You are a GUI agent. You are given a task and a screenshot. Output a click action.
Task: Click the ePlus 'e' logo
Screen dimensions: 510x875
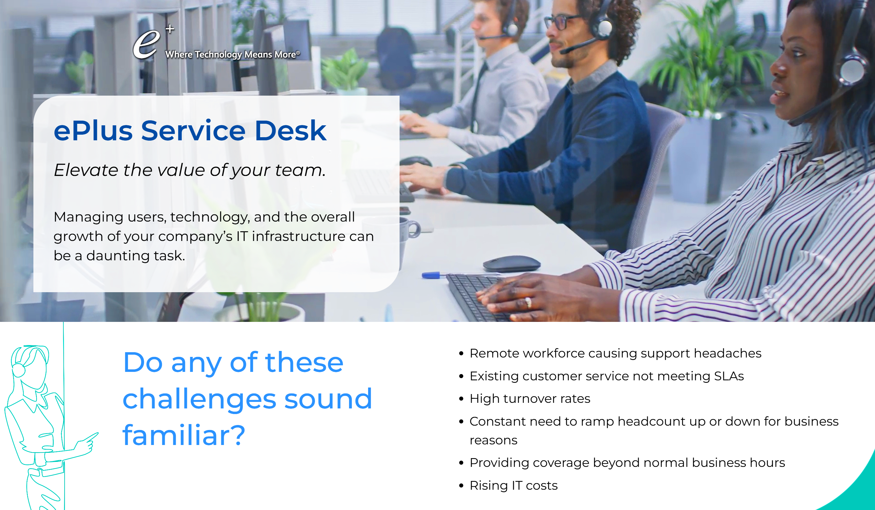146,44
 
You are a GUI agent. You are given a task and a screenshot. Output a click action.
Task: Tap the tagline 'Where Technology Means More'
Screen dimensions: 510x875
232,55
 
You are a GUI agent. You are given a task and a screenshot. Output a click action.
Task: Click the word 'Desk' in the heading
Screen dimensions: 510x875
290,131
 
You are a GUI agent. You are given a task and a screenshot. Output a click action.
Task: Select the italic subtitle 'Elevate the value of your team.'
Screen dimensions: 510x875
189,170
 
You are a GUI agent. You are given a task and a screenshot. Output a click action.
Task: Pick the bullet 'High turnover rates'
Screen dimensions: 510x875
529,399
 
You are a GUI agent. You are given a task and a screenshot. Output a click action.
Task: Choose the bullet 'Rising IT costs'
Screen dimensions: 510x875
513,486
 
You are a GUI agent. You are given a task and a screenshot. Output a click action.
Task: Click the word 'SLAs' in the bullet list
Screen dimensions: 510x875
729,376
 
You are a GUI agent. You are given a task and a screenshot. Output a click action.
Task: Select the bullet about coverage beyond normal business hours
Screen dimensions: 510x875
627,463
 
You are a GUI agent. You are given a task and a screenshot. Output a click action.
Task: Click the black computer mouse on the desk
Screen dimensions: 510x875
511,264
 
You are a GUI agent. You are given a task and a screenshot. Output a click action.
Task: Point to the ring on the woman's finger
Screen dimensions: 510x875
528,302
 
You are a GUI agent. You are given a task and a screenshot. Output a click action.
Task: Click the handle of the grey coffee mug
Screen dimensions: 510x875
415,230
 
